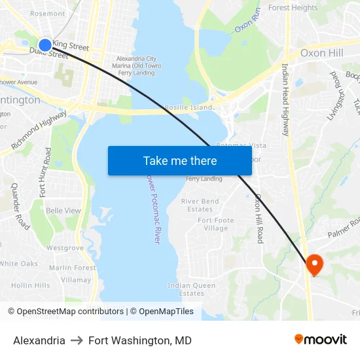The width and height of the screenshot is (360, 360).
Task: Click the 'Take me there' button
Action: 180,160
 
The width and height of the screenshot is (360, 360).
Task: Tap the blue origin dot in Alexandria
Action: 45,45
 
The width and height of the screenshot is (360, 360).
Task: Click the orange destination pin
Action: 315,264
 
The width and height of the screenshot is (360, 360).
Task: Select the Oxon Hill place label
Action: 321,52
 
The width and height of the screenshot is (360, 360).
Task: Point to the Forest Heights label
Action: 293,8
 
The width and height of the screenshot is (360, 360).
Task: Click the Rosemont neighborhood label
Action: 48,13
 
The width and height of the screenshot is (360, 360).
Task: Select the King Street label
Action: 71,46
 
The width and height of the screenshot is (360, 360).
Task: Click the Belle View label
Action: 63,211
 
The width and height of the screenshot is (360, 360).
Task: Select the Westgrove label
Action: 65,248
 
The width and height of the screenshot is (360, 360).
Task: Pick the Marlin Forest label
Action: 73,268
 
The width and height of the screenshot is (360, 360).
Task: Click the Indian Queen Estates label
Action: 192,289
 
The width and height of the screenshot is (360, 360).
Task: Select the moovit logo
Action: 321,340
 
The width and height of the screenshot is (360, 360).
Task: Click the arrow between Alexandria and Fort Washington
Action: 77,340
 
